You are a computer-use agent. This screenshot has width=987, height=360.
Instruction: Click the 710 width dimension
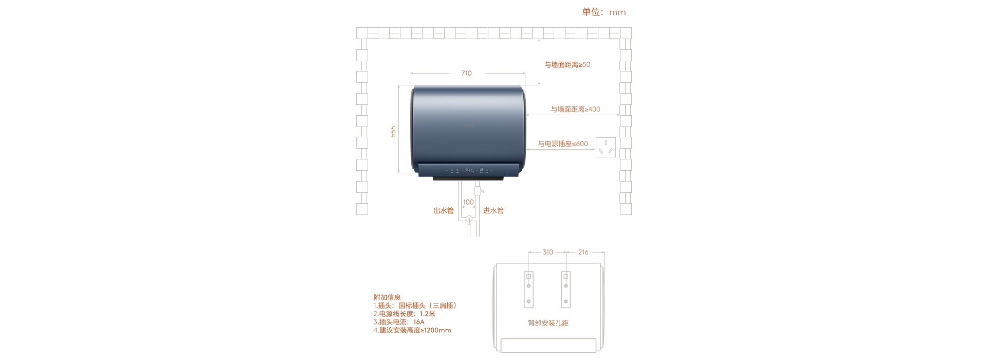(x=466, y=73)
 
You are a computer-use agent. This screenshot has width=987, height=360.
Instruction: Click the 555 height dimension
(x=393, y=131)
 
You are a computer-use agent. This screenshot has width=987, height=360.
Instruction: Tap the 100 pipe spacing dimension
(x=468, y=202)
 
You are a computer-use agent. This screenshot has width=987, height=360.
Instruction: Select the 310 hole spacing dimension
(x=548, y=252)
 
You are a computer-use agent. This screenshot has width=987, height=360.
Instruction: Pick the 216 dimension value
(x=583, y=252)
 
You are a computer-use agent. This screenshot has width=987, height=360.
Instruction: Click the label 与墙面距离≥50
(x=568, y=65)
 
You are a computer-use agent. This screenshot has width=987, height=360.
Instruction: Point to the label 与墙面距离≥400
(x=575, y=109)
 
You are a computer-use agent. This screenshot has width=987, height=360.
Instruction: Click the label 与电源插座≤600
(x=563, y=144)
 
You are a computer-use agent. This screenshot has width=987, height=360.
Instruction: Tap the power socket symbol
(x=606, y=147)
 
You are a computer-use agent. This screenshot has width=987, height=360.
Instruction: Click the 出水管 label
(x=444, y=211)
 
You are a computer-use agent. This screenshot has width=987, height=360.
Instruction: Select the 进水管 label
(x=493, y=211)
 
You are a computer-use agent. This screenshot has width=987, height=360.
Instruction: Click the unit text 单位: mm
(x=604, y=12)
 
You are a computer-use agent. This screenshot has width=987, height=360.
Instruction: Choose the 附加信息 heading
(x=387, y=297)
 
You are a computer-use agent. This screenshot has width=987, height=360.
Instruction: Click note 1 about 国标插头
(x=415, y=305)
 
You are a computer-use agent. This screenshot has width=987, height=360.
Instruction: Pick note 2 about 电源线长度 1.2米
(x=405, y=314)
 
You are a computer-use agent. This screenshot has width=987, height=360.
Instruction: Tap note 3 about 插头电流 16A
(x=399, y=322)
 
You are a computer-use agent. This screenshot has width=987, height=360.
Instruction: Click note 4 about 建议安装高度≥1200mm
(x=412, y=330)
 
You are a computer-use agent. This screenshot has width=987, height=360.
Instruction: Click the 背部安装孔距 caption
(x=549, y=323)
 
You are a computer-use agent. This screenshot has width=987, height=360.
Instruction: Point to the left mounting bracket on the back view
(x=528, y=289)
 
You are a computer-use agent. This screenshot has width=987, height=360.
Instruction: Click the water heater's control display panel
(x=468, y=170)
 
